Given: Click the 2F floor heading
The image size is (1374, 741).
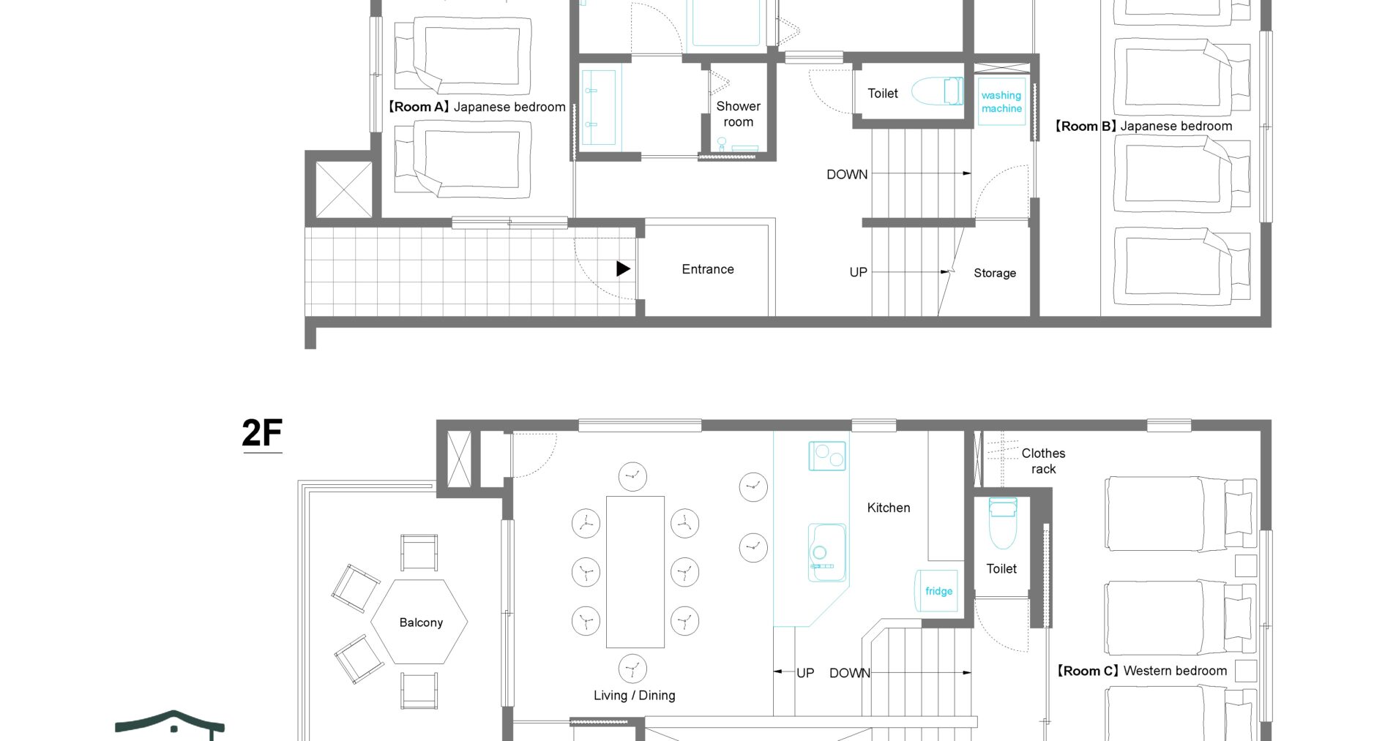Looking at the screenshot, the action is pos(262,433).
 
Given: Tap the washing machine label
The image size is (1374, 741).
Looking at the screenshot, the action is pos(1001,102).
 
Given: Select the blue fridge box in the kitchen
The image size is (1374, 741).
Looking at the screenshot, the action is pos(937,590).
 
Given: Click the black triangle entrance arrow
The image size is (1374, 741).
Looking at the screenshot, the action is pos(623,268).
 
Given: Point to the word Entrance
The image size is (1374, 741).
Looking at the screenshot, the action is pos(708,269).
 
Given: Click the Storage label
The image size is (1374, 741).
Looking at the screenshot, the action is pos(995,273).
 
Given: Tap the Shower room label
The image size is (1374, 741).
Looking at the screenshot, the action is pos(738,114).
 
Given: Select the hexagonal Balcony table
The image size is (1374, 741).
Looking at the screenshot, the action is pos(419,622).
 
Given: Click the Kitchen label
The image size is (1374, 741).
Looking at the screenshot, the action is pos(889,508).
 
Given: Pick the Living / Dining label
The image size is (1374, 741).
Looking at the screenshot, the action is pos(635,696).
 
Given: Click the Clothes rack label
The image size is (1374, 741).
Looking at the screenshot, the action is pos(1043,461).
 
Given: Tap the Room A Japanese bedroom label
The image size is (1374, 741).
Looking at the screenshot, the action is pos(477,107).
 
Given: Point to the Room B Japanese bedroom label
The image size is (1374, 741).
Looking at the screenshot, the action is pos(1143,126).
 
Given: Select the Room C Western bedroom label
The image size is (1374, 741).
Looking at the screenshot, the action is pos(1141,671).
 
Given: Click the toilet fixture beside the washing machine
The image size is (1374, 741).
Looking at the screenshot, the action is pos(938,91).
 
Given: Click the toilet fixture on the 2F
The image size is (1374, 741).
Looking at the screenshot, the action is pos(1003,523).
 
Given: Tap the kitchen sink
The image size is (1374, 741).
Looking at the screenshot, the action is pos(827,552).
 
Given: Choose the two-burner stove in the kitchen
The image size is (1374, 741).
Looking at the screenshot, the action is pos(827,456).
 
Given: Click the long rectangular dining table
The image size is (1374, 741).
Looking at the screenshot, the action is pos(635,572).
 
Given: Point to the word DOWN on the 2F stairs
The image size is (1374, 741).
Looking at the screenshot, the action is pos(850,673).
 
